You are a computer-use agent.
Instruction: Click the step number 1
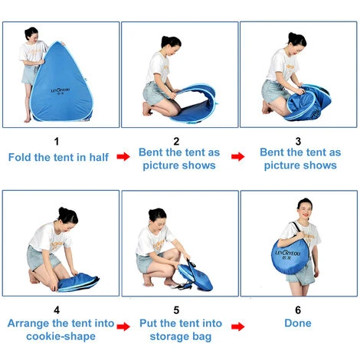point(60,141)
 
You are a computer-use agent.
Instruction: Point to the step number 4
point(60,310)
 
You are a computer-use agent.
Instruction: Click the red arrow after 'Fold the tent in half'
point(123,156)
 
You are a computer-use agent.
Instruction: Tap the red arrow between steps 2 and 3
point(240,156)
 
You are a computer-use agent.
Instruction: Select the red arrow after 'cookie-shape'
point(123,325)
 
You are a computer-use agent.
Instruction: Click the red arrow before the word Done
point(240,325)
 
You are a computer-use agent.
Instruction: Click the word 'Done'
point(298,324)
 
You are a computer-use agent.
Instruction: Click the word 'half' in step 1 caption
point(98,156)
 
